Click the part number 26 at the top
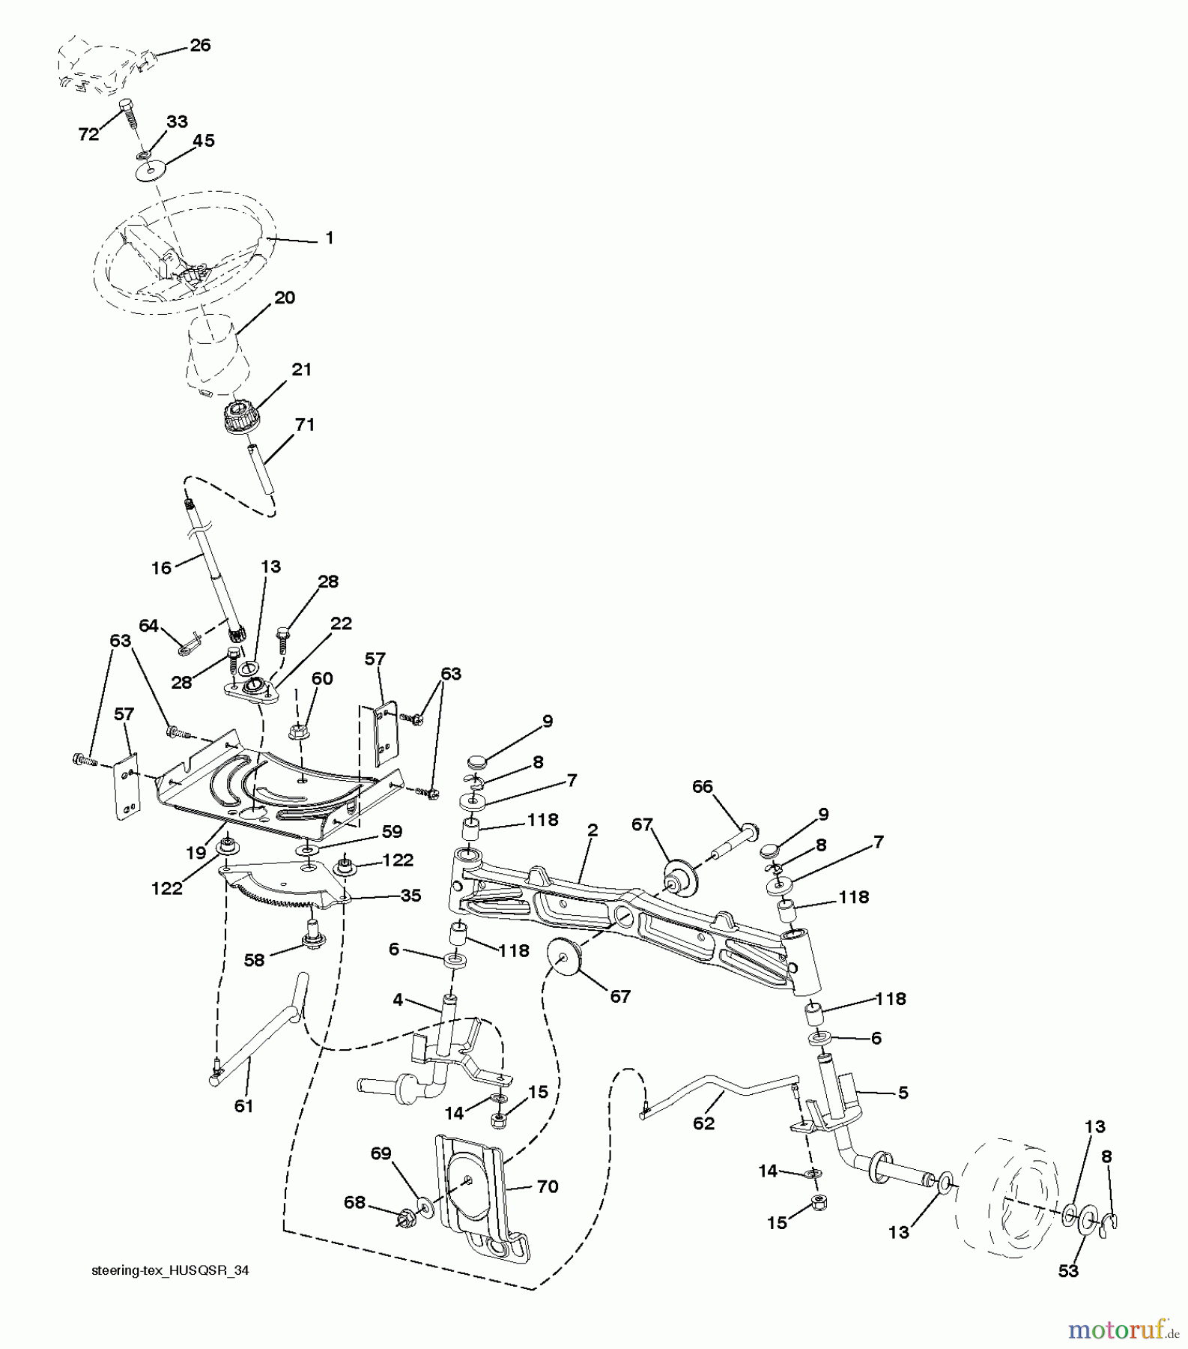pos(200,45)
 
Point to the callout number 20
pos(285,298)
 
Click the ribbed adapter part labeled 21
pos(243,417)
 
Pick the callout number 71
pos(304,424)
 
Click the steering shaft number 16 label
pos(161,567)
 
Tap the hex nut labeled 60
pos(295,728)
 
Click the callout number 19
pos(196,852)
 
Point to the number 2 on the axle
pos(593,830)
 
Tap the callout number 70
pos(548,1186)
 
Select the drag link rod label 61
pos(244,1105)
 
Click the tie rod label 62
pos(703,1123)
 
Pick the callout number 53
pos(1067,1270)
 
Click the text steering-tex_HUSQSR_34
pos(170,1270)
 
